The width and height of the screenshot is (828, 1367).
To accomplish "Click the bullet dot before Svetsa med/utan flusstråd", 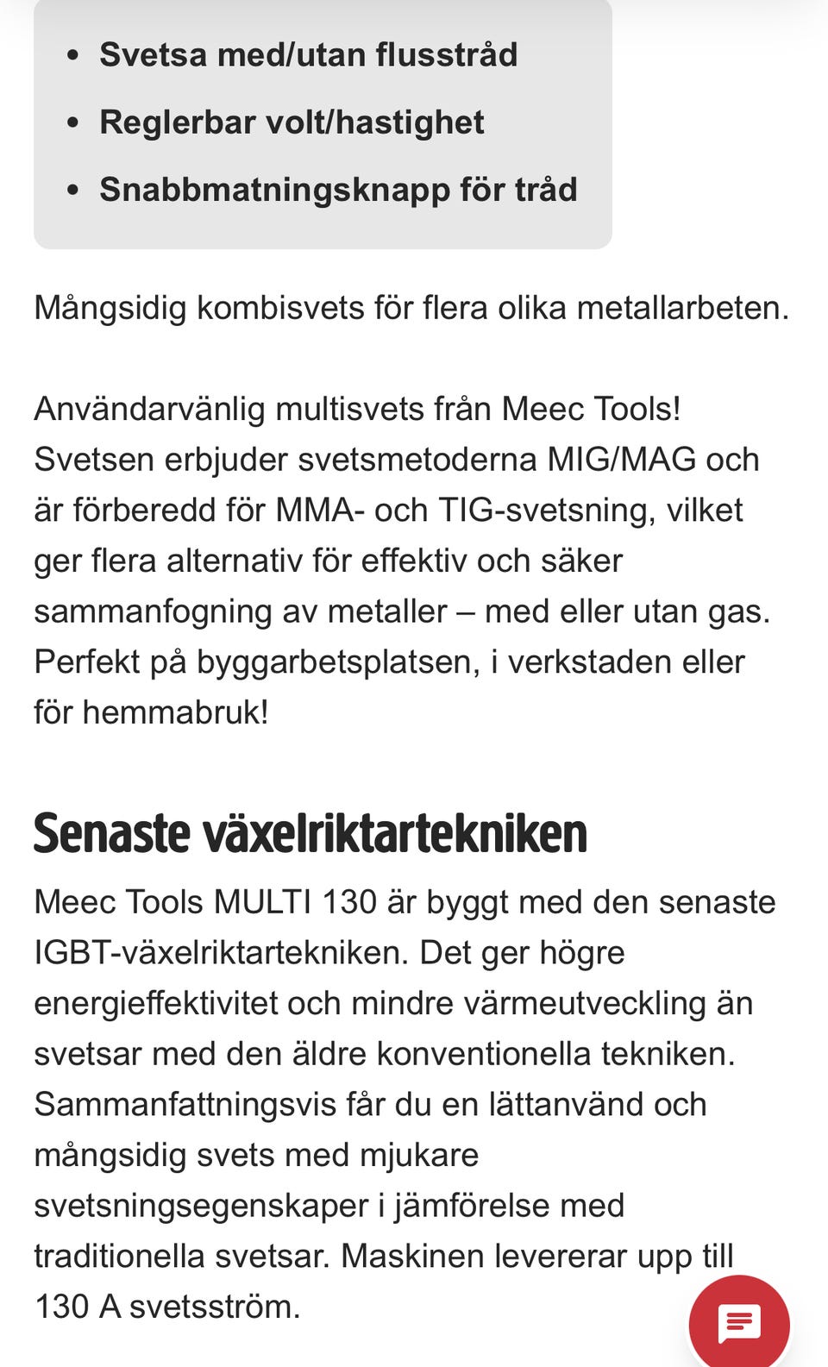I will (x=72, y=55).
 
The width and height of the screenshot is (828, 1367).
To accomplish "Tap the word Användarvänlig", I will (x=149, y=409).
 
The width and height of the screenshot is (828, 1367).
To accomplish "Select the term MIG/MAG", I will (x=621, y=460).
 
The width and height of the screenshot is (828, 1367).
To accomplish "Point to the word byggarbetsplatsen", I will (x=336, y=662).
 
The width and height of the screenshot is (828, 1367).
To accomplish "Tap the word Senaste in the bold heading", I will (x=111, y=833).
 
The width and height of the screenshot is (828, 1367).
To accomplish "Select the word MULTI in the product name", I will (x=262, y=902).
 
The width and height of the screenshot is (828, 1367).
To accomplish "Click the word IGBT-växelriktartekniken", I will (x=222, y=953).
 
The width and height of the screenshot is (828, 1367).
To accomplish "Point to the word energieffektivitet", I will (x=155, y=1004).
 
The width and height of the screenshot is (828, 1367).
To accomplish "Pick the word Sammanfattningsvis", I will (x=185, y=1105).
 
